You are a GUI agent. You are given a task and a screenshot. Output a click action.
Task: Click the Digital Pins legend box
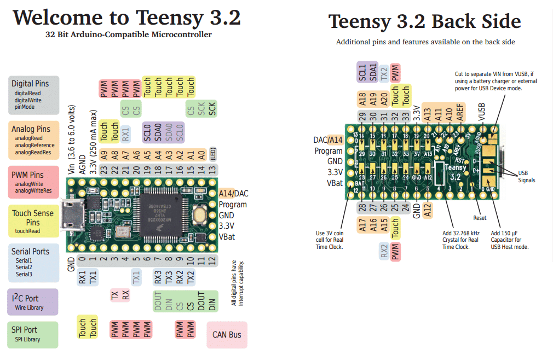pos(33,95)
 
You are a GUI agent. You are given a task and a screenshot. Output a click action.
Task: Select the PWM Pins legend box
pos(33,182)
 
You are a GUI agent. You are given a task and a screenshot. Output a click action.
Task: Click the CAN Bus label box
pos(227,334)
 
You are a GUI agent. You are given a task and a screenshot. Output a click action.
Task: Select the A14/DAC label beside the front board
pos(233,194)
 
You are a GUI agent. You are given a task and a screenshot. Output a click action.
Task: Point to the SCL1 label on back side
pos(362,72)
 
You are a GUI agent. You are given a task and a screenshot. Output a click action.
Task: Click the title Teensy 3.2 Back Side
pos(424,22)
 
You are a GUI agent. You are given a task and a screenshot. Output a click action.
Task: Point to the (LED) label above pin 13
pos(212,154)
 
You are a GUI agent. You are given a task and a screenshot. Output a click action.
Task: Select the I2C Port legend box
pos(33,302)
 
